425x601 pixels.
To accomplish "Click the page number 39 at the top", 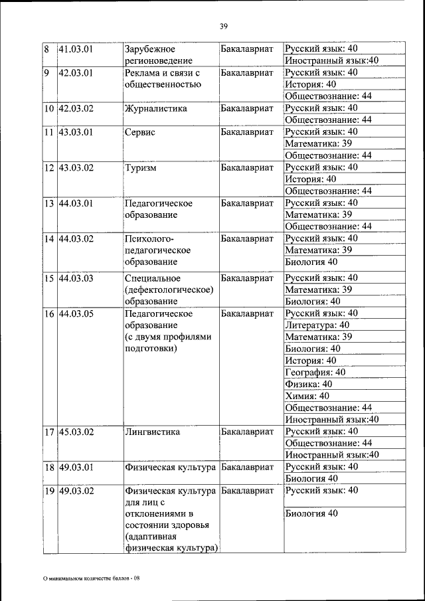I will pyautogui.click(x=223, y=26).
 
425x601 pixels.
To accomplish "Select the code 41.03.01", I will pyautogui.click(x=75, y=48).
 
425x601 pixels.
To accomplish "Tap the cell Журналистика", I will pyautogui.click(x=155, y=108).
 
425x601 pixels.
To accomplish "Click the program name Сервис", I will pyautogui.click(x=139, y=131).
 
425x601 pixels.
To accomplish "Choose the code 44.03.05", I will pyautogui.click(x=75, y=313).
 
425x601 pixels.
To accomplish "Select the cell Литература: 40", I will pyautogui.click(x=317, y=325).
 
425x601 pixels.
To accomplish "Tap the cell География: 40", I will pyautogui.click(x=315, y=372).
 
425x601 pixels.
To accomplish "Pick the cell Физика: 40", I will pyautogui.click(x=308, y=384).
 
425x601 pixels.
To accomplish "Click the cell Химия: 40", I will pyautogui.click(x=306, y=396).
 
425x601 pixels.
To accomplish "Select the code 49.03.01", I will pyautogui.click(x=75, y=467).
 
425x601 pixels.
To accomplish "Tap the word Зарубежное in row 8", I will pyautogui.click(x=150, y=48).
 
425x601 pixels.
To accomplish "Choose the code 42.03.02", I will pyautogui.click(x=75, y=108).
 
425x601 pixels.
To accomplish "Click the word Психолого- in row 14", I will pyautogui.click(x=149, y=238).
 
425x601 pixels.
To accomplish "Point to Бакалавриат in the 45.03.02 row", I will pyautogui.click(x=247, y=432).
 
